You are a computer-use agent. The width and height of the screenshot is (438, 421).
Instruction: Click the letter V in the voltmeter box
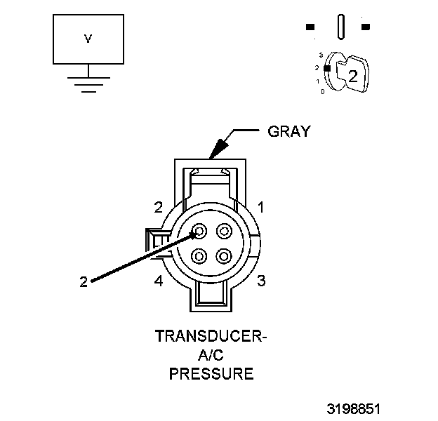point(88,39)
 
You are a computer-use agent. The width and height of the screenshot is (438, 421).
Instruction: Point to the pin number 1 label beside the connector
point(260,207)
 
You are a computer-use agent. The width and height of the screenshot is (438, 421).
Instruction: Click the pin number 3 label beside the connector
point(260,281)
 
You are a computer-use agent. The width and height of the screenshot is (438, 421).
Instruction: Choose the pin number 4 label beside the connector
point(159,281)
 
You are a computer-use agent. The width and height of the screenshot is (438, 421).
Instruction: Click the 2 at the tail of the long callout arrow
point(84,282)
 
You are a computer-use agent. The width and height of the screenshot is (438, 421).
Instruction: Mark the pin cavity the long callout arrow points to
point(200,231)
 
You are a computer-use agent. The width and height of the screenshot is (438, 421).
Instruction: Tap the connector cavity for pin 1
point(224,231)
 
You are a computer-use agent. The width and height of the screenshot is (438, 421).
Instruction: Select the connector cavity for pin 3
point(224,255)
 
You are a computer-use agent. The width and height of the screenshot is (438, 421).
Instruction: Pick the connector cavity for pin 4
point(200,255)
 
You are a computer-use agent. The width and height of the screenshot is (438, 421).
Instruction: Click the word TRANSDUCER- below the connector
point(211,336)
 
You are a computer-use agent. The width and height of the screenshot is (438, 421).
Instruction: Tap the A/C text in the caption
point(211,355)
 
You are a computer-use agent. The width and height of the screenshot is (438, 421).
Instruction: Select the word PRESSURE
point(211,373)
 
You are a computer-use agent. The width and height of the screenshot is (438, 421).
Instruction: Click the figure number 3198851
point(354,408)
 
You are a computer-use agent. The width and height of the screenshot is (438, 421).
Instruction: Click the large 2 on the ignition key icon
point(353,78)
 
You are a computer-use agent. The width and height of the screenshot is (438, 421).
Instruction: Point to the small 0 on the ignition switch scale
point(322,91)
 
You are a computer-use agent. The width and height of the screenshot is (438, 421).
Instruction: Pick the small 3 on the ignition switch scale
point(320,54)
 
